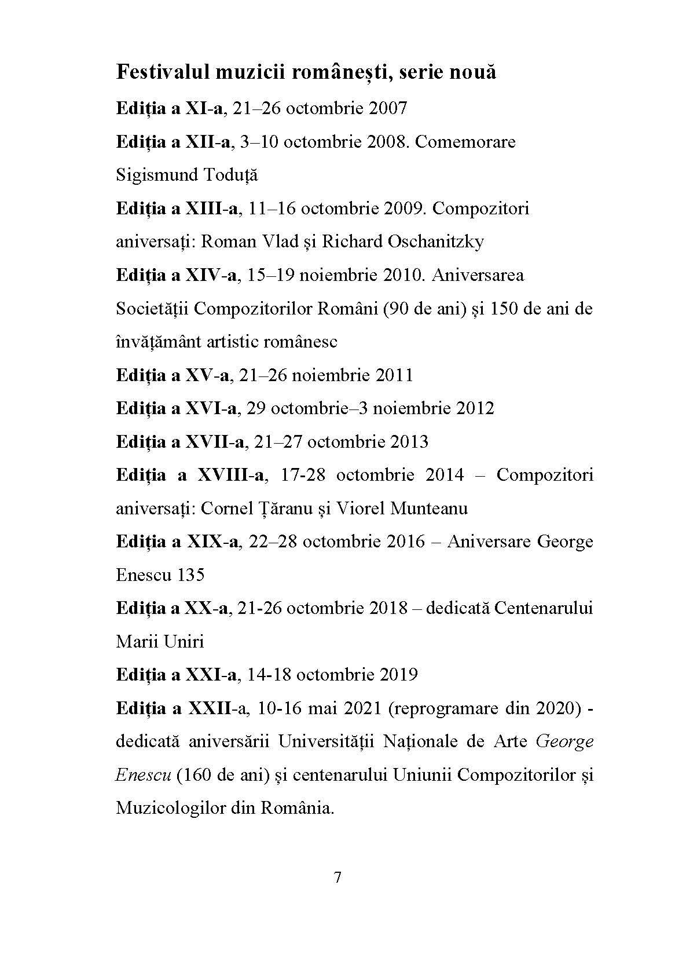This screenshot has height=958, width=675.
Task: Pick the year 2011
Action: coord(394,375)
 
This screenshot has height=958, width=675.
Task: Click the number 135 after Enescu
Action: coord(191,575)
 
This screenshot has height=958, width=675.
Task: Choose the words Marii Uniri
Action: coord(160,642)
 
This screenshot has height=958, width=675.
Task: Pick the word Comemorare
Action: coord(465,142)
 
